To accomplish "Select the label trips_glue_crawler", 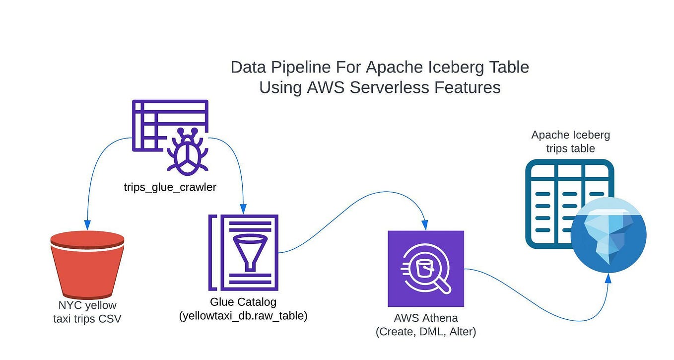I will point(170,188).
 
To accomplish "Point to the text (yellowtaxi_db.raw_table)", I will point(243,315).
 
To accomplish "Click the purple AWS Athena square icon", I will point(425,269).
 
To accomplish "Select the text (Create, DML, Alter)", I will point(425,332).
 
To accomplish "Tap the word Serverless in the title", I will point(390,87).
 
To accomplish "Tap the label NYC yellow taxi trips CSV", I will point(87,312).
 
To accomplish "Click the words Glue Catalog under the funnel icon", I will point(243,301).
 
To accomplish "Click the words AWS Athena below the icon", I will point(425,318).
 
